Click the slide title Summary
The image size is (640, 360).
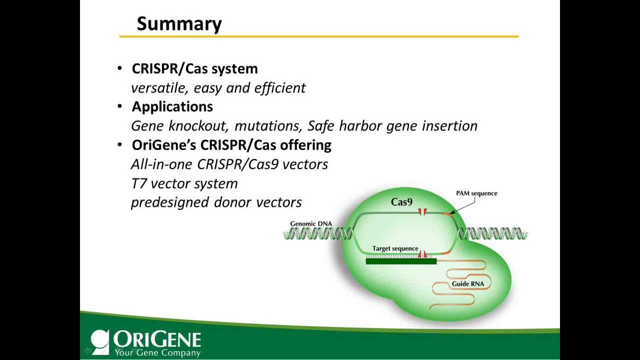click(x=179, y=24)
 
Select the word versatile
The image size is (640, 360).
click(x=159, y=88)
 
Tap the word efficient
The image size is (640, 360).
click(x=279, y=88)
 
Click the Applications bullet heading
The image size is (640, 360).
click(x=172, y=106)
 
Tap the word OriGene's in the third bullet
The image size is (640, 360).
click(x=164, y=145)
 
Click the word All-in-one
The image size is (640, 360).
click(x=162, y=164)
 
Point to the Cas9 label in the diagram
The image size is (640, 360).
click(x=401, y=202)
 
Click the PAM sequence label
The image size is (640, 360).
click(x=476, y=193)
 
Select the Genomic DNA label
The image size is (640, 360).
click(x=310, y=223)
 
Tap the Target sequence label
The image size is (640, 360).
click(x=395, y=248)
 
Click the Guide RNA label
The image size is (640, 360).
click(x=467, y=284)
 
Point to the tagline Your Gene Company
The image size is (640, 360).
click(x=157, y=353)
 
